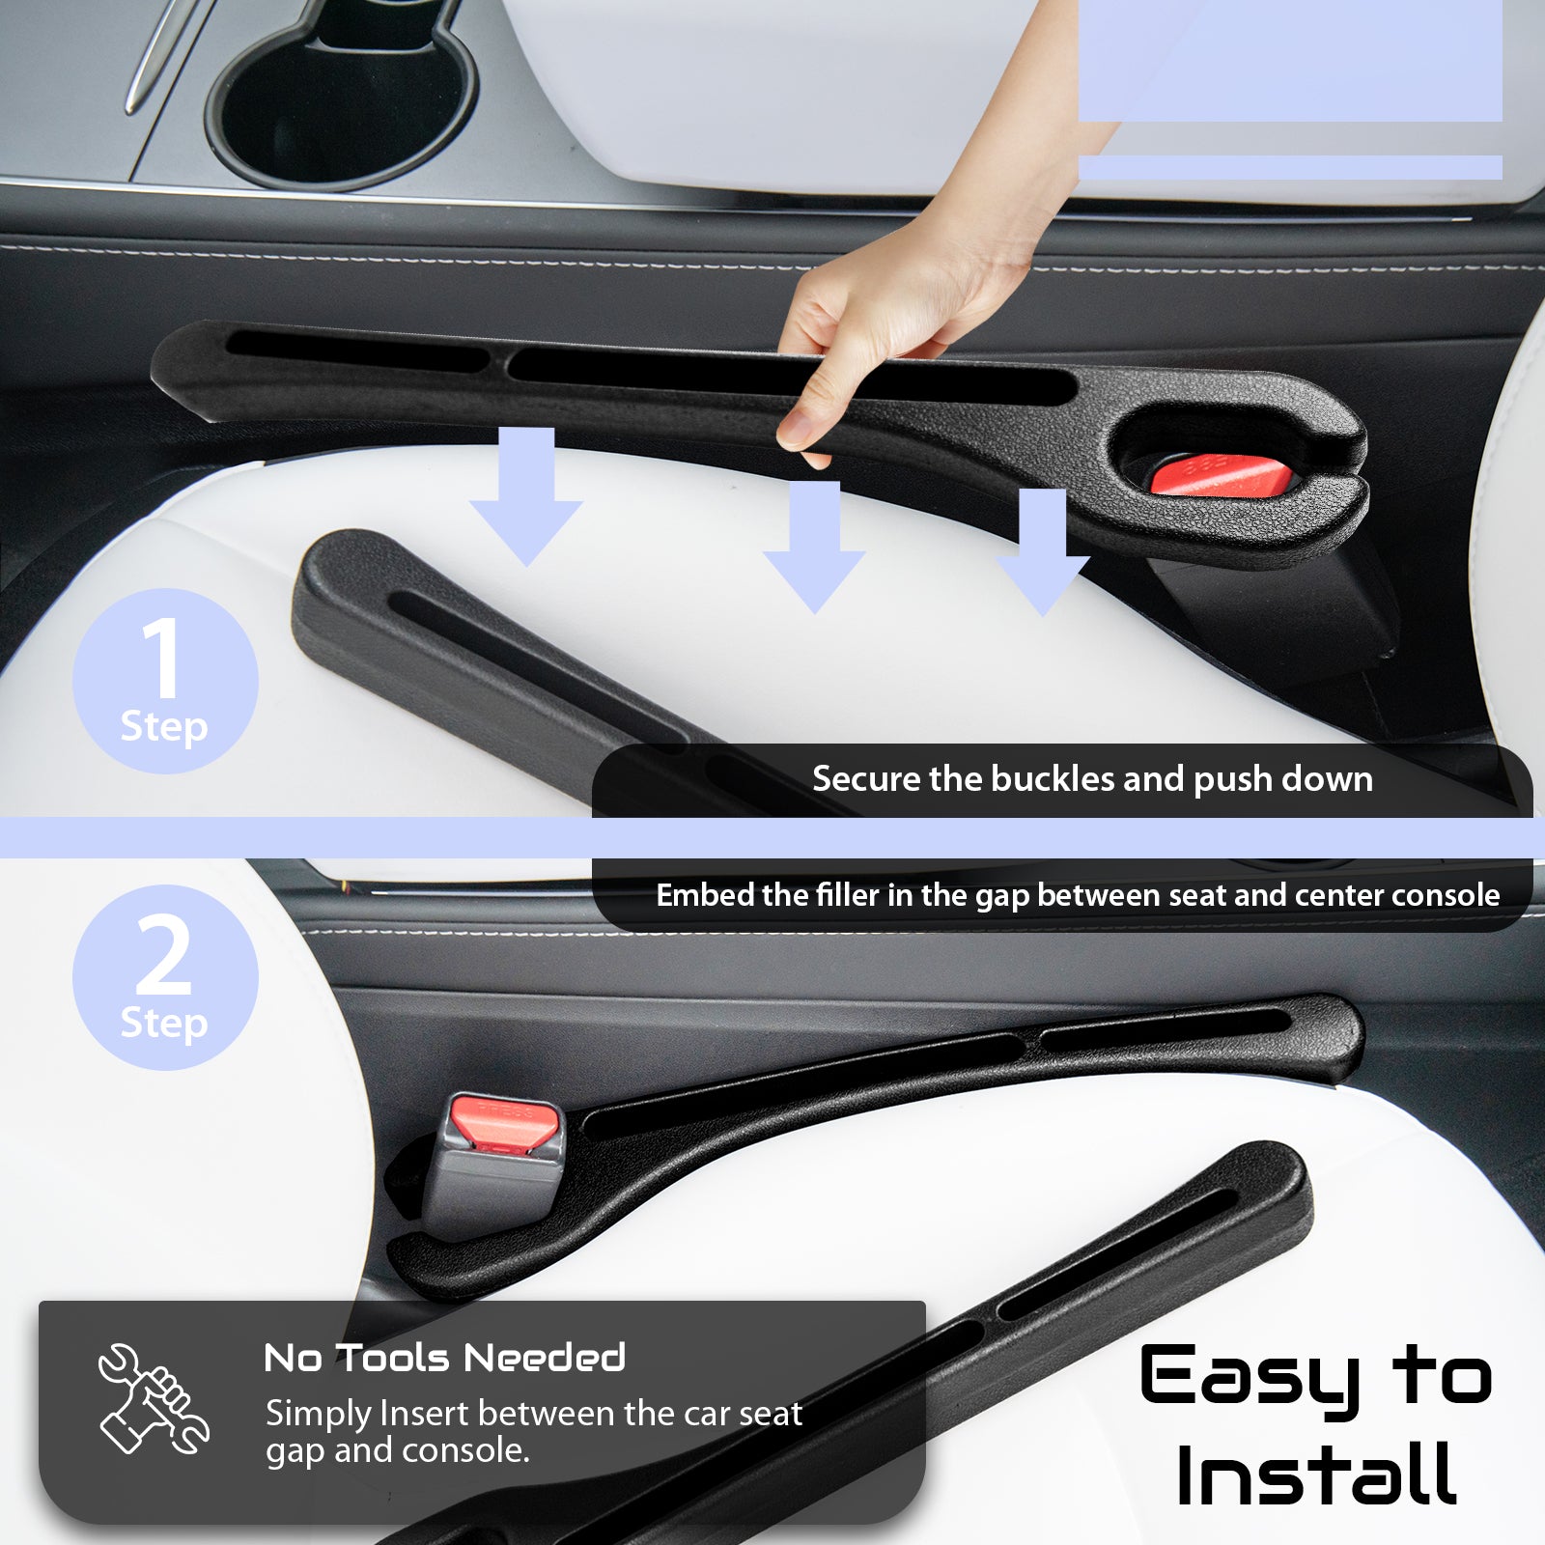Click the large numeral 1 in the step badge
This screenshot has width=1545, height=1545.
pyautogui.click(x=161, y=659)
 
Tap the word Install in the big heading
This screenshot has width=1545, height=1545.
pyautogui.click(x=1316, y=1474)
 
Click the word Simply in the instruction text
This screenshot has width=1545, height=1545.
pyautogui.click(x=319, y=1415)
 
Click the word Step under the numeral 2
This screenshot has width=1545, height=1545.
pyautogui.click(x=164, y=1024)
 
